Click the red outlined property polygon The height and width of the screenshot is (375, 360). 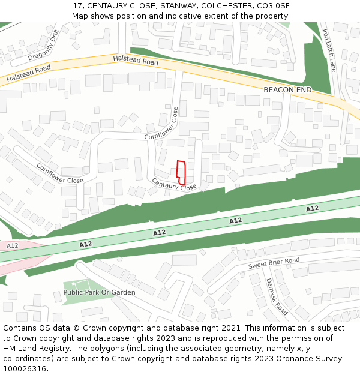point(181,172)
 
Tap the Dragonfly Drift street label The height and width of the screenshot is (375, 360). point(44,45)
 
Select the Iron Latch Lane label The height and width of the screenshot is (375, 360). point(329,50)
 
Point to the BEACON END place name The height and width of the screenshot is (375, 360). point(287,90)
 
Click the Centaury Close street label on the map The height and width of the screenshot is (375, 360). point(174,184)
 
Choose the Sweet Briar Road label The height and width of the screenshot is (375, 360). point(274,263)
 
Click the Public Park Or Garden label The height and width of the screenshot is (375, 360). point(100,292)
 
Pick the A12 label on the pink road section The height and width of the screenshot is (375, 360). point(13,246)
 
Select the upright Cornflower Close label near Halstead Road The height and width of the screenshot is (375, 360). point(162,124)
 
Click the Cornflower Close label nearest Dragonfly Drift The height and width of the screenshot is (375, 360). point(59,173)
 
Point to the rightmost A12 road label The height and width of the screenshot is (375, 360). point(312,209)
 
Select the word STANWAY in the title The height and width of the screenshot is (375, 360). point(160,6)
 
